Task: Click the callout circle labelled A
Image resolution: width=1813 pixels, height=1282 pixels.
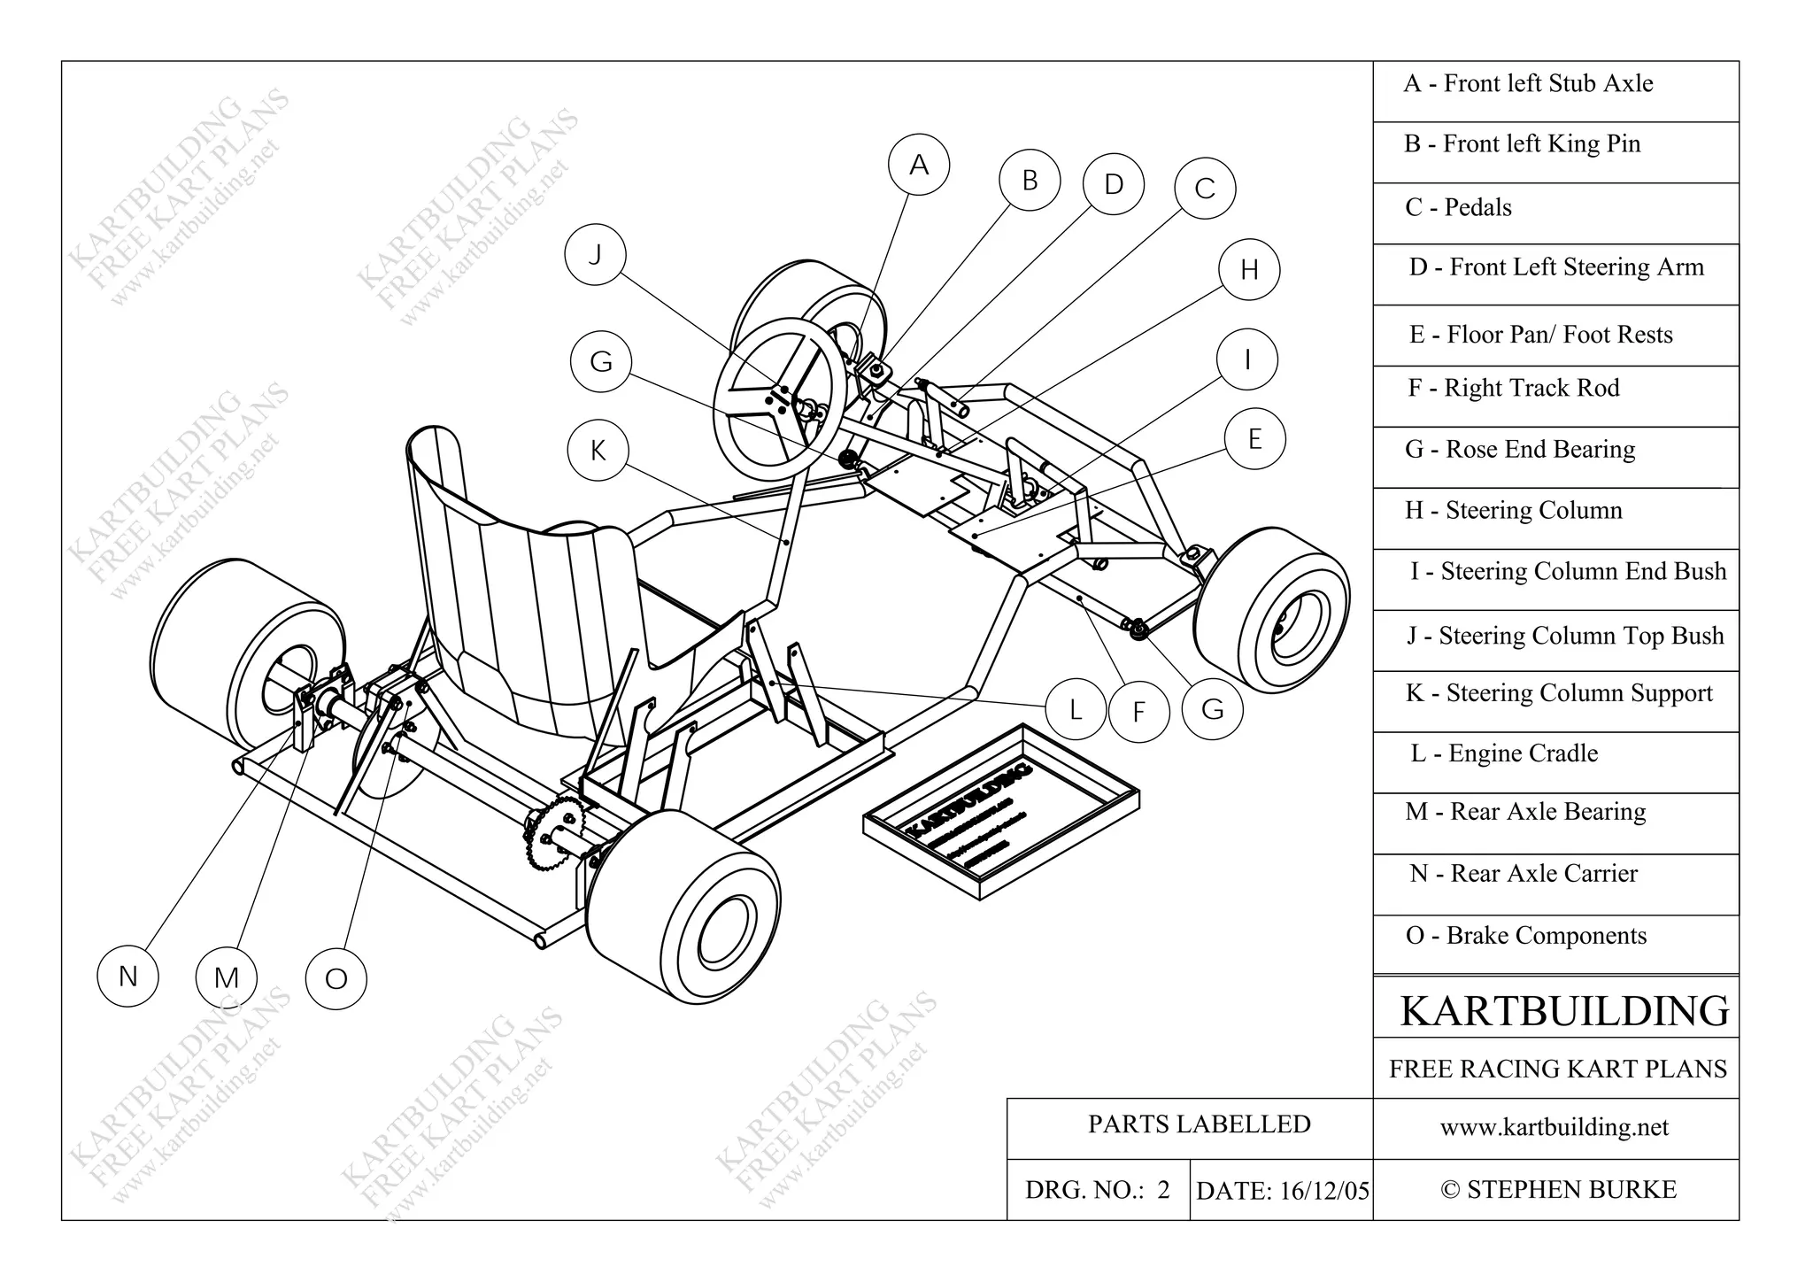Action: pos(919,165)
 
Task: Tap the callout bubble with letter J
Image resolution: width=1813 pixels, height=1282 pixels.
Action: pos(595,255)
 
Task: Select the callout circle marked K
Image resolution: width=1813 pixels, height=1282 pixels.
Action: pos(598,450)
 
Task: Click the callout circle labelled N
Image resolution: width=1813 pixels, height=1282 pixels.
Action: pos(127,976)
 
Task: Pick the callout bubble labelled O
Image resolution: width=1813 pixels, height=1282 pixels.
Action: pos(336,978)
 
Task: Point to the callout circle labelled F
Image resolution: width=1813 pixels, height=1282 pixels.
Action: pos(1138,711)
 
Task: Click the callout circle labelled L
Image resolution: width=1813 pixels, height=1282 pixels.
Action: pos(1075,708)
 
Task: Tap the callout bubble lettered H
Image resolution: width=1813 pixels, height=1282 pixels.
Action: pos(1248,269)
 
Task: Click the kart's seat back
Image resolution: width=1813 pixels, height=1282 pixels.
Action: pos(496,575)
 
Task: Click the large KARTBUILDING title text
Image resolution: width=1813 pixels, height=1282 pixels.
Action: pos(1563,1010)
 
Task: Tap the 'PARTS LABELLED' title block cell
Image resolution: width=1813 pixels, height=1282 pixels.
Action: pos(1199,1124)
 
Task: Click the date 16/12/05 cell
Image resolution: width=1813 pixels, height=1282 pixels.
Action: pos(1282,1191)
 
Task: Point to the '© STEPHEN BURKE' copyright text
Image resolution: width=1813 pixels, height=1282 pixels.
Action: pos(1558,1190)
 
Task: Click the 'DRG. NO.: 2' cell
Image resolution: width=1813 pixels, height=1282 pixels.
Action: pos(1098,1190)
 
